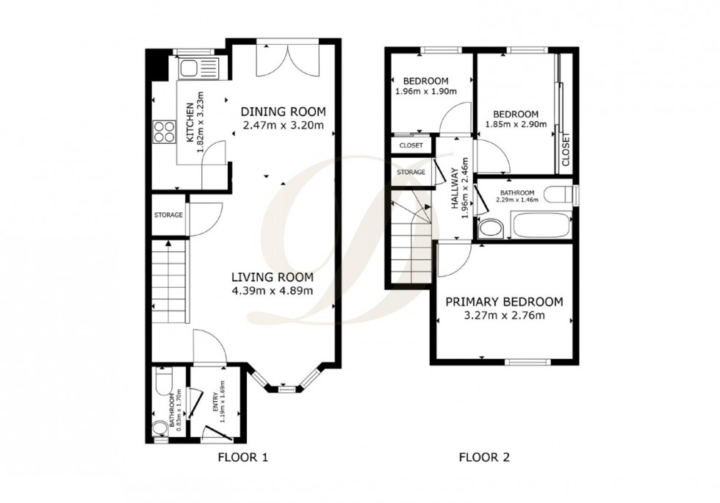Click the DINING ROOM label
(x=283, y=112)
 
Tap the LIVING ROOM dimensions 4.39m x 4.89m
(x=273, y=291)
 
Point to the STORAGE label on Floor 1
(x=168, y=215)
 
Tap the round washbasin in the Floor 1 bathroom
(x=160, y=429)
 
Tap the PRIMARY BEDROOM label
(x=504, y=302)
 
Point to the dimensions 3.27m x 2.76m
(x=504, y=316)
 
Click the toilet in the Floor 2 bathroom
(x=561, y=194)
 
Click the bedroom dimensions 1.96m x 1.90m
(x=425, y=92)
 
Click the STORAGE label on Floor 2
(x=411, y=172)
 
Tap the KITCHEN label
(x=190, y=124)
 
